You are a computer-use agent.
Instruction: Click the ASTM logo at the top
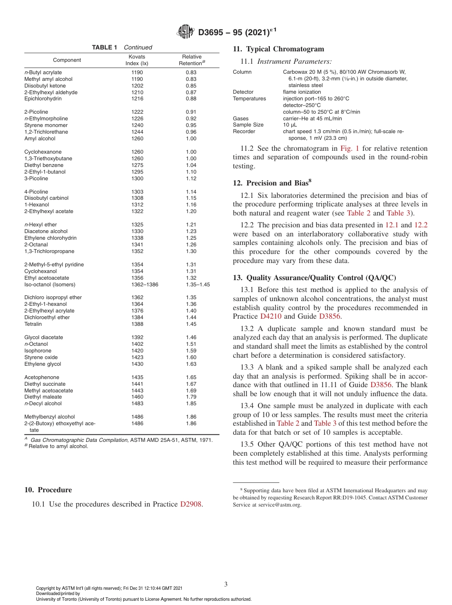tap(186, 32)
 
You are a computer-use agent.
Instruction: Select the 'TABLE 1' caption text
tap(104, 48)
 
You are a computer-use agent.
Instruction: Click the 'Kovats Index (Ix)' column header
tap(137, 60)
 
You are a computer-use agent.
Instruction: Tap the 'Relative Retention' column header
tap(192, 60)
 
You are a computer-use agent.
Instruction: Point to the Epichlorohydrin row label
tap(43, 99)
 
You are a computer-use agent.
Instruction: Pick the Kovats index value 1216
tap(137, 99)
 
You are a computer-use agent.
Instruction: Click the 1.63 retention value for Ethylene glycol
tap(191, 364)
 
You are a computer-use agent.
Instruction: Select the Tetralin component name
tap(33, 324)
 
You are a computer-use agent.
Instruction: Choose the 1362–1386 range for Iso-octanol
tap(145, 284)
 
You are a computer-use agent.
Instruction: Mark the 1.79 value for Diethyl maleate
tap(191, 397)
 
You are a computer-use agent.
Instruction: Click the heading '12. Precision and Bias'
tap(272, 183)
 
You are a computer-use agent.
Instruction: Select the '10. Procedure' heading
tap(48, 490)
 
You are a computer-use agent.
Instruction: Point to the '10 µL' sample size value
tap(290, 125)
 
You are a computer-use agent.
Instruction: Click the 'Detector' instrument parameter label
tap(243, 92)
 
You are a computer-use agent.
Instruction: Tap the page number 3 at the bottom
tap(226, 584)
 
